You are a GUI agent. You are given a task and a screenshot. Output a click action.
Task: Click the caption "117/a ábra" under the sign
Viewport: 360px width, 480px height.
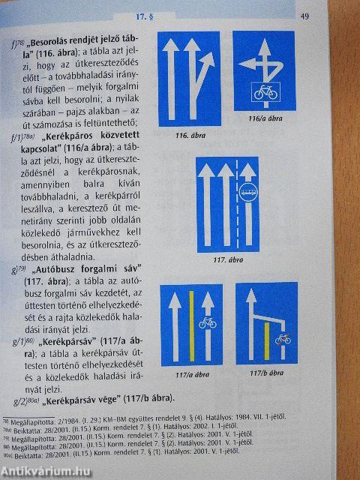(190, 373)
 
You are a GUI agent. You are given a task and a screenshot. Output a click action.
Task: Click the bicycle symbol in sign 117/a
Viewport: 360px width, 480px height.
(206, 323)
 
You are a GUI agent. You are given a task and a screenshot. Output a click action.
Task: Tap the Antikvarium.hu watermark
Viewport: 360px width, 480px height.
(49, 469)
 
